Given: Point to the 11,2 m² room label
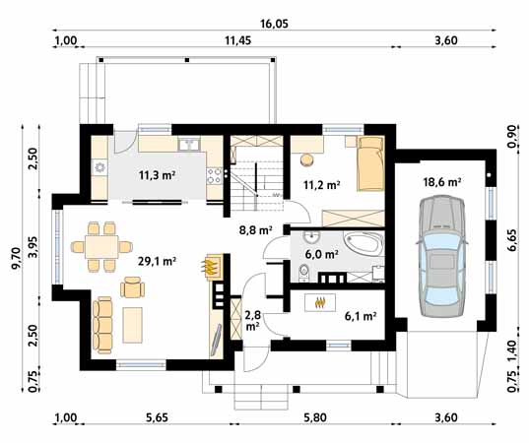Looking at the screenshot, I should (321, 183).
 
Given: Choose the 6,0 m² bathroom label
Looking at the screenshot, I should (318, 253).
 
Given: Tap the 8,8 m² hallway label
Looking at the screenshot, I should (255, 231).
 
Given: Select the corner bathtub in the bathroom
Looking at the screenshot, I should (362, 245).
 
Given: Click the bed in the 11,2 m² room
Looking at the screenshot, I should (370, 163).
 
